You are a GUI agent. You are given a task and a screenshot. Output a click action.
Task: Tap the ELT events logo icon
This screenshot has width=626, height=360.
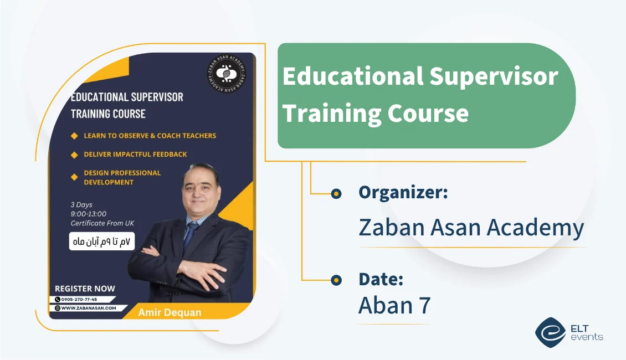[550, 332]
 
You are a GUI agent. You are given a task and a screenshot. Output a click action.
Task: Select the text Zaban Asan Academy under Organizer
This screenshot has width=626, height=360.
[471, 228]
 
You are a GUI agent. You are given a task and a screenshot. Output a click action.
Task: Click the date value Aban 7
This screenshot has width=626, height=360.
[394, 305]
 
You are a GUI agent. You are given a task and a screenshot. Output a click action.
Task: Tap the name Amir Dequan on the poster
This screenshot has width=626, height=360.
[169, 312]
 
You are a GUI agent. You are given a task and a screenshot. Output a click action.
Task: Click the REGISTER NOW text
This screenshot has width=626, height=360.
[85, 289]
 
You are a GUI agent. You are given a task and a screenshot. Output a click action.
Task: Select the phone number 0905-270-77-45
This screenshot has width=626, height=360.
[79, 300]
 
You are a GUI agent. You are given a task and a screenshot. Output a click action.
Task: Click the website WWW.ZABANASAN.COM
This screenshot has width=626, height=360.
[88, 308]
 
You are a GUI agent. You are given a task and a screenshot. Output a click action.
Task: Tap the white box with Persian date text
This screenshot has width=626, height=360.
[102, 242]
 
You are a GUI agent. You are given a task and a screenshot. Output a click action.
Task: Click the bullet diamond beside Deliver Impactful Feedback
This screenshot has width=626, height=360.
[74, 155]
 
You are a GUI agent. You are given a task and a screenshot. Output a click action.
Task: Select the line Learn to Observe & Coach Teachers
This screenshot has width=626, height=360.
[150, 136]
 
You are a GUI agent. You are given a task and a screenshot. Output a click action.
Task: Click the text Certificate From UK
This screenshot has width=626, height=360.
[102, 223]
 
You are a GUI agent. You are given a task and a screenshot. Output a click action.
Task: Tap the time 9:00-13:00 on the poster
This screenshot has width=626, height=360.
[89, 214]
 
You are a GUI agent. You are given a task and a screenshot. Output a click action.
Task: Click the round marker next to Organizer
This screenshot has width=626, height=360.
[336, 193]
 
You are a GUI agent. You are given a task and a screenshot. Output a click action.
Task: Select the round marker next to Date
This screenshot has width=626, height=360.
[336, 280]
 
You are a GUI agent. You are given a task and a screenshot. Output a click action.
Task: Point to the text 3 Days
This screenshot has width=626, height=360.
[81, 205]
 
